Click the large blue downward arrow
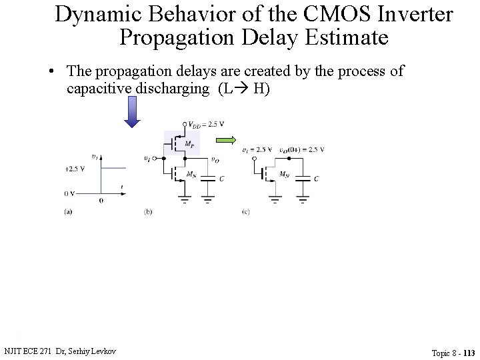tap(132, 111)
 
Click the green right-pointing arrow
tap(225, 139)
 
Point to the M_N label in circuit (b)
tap(191, 175)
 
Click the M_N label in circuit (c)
tap(285, 175)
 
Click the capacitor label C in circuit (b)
tap(221, 179)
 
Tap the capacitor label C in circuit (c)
tap(316, 179)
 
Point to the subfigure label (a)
tap(68, 211)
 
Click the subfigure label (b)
tap(149, 211)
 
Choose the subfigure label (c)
tap(246, 211)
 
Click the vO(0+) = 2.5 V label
tap(301, 149)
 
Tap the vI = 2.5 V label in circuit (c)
tap(257, 149)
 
